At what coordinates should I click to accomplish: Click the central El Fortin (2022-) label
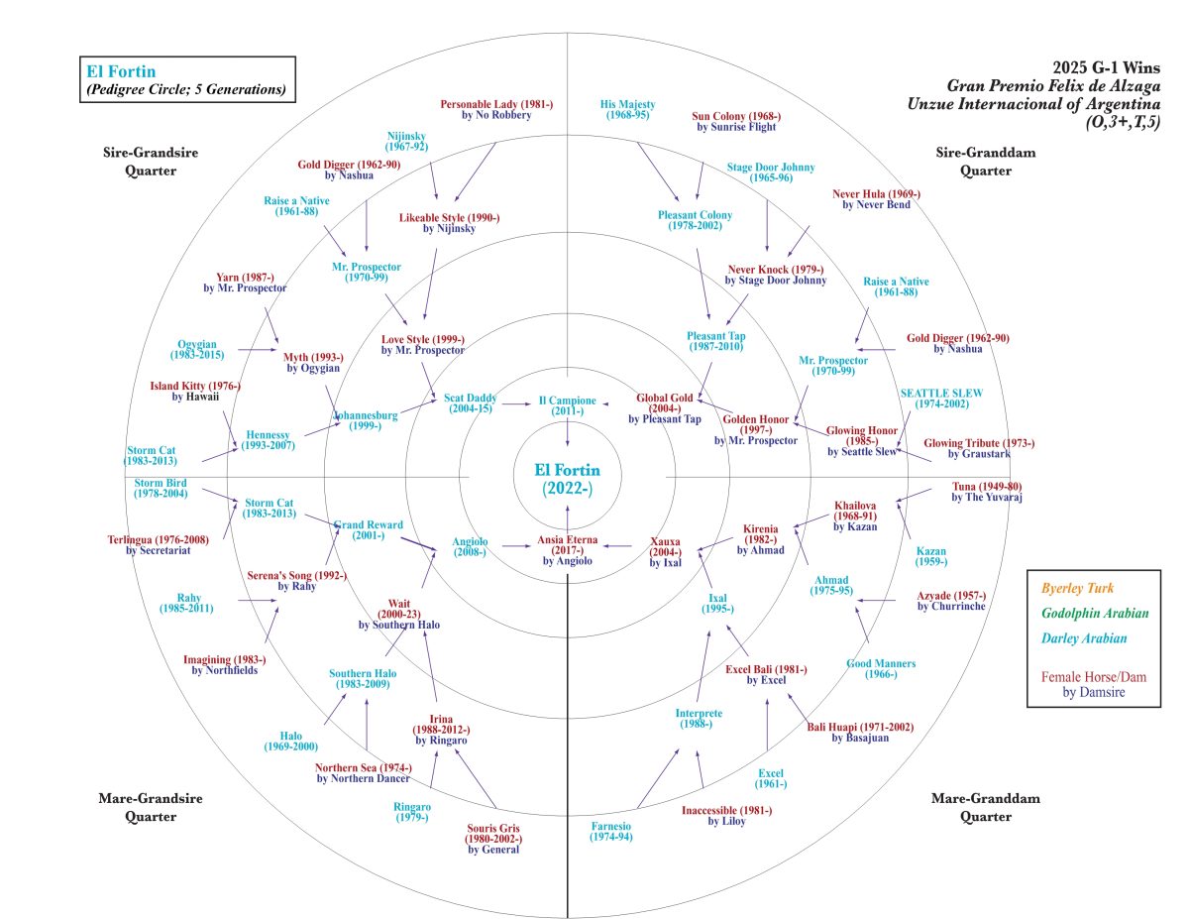pos(567,478)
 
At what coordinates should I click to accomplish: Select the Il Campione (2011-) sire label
pos(567,405)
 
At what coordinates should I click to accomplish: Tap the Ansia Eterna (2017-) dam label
pos(567,546)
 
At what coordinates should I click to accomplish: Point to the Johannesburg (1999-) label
pos(366,421)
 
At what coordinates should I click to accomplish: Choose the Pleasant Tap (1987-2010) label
pos(716,343)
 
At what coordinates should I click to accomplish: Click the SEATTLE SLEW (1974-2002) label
pos(941,399)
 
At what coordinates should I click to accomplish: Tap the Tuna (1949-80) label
pos(987,491)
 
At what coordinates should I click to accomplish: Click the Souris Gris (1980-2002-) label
pos(492,838)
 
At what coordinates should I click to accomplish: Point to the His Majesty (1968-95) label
pos(627,109)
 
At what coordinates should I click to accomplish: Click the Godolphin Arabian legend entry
pos(1090,614)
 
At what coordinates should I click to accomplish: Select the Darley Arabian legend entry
pos(1084,639)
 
